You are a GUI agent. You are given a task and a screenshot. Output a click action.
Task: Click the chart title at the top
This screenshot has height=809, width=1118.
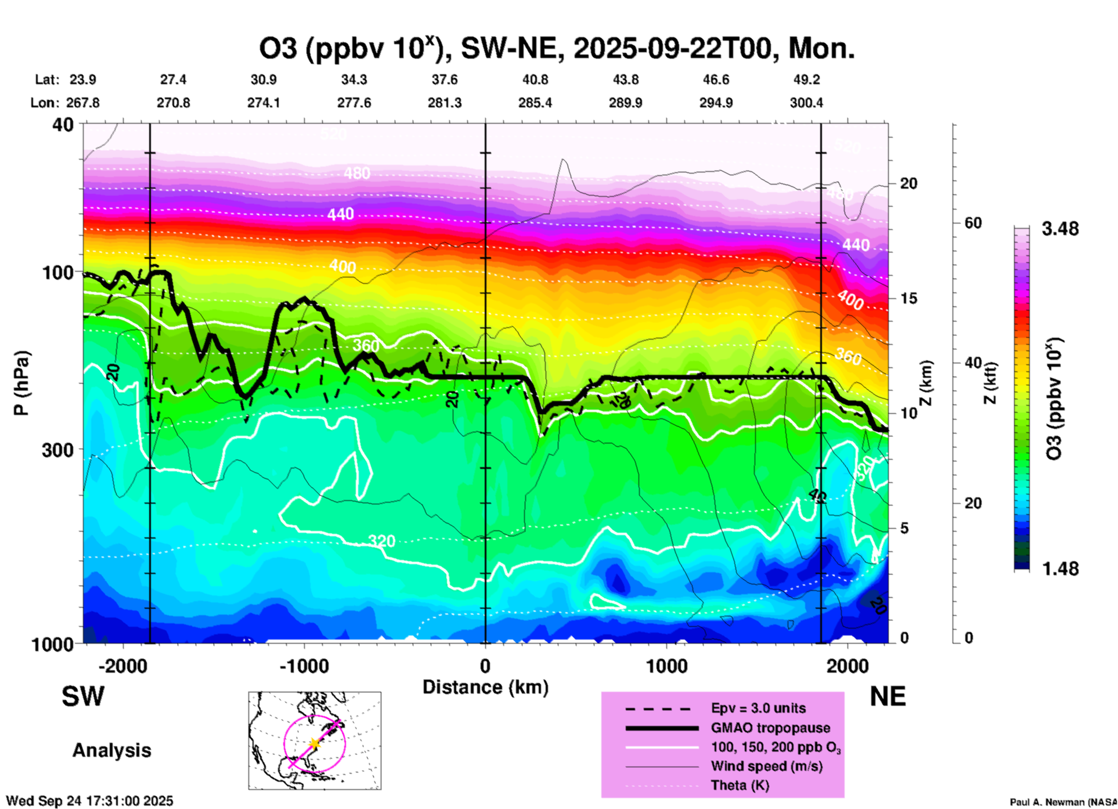click(556, 49)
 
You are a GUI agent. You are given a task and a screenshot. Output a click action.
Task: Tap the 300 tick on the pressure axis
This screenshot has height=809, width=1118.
click(58, 450)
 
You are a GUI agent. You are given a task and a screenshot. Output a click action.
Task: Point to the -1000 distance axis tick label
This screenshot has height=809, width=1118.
click(304, 666)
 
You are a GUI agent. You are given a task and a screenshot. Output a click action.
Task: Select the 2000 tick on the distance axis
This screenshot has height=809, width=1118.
click(847, 666)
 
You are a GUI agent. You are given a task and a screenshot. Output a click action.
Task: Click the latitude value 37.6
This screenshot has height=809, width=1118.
click(444, 80)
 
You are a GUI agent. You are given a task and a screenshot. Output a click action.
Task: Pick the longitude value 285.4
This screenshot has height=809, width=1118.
click(535, 103)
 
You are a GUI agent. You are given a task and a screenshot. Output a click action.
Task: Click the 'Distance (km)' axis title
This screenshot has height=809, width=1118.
click(485, 687)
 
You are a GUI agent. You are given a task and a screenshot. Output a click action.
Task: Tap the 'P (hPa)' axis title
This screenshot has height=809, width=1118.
click(21, 383)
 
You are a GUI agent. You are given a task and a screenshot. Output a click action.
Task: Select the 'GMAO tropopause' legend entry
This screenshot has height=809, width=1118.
click(770, 728)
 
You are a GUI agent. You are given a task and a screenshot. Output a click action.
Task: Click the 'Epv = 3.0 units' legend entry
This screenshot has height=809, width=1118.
click(758, 708)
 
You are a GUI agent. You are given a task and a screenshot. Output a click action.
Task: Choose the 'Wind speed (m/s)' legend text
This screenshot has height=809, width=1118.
click(766, 766)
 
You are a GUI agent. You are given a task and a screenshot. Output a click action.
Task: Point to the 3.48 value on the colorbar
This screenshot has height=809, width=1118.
click(1060, 229)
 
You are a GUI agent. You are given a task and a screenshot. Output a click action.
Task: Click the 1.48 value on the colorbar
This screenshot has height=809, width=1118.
click(1060, 569)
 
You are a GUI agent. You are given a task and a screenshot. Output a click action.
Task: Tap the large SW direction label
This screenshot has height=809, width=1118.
click(83, 696)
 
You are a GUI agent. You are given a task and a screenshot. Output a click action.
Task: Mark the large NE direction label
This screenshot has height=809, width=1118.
click(888, 696)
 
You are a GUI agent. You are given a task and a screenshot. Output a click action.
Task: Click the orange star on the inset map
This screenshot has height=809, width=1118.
click(314, 743)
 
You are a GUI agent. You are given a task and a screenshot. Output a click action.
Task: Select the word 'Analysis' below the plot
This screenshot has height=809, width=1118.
click(111, 750)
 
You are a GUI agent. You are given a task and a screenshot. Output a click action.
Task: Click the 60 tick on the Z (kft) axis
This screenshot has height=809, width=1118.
click(973, 223)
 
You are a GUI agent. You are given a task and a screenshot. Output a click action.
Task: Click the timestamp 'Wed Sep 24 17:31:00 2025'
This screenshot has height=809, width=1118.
click(89, 801)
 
